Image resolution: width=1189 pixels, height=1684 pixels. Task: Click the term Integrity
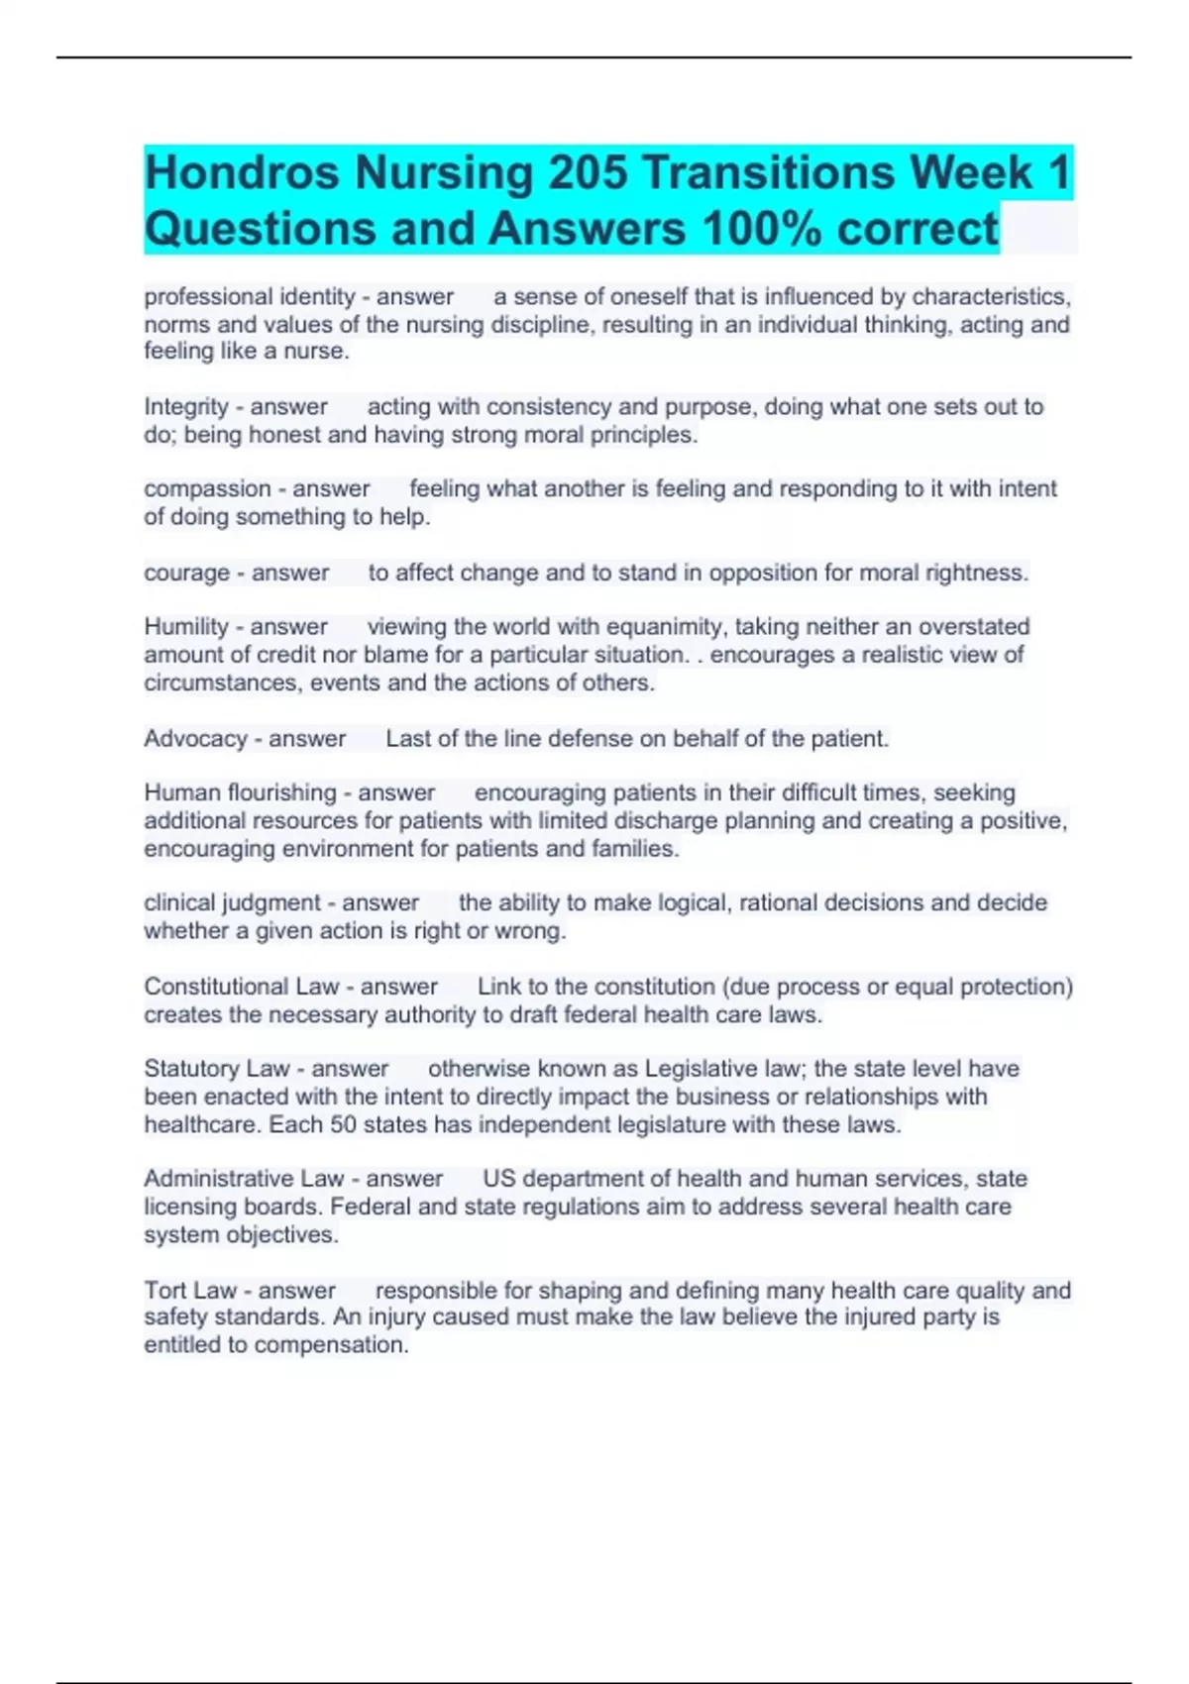click(186, 407)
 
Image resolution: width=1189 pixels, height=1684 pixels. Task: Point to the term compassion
click(207, 489)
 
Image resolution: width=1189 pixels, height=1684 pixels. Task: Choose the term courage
click(186, 574)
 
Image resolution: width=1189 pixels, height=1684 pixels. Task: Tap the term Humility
click(186, 627)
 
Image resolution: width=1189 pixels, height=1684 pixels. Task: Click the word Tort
click(164, 1291)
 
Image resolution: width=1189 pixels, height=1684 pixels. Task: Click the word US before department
click(499, 1179)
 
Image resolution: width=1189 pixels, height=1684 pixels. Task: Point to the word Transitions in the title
click(769, 173)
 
